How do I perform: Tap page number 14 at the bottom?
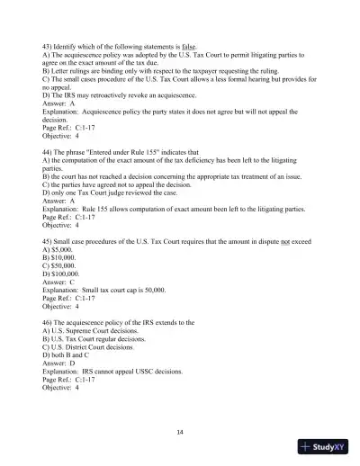coord(180,432)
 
